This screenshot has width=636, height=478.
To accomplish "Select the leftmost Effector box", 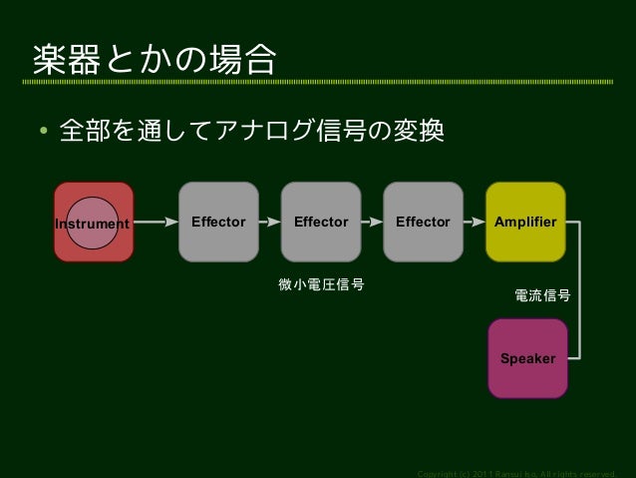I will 218,222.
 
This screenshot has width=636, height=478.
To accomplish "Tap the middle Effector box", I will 321,222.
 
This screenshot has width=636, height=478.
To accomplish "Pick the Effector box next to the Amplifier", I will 423,222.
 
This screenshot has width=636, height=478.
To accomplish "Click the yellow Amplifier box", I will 525,222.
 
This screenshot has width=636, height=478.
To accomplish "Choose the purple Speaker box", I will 527,358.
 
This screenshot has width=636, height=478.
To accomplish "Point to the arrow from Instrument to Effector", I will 156,223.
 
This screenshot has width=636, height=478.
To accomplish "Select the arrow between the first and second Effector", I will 269,223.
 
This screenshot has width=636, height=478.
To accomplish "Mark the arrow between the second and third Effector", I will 372,223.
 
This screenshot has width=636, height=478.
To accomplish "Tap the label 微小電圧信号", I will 321,285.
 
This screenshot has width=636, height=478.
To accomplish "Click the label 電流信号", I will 542,295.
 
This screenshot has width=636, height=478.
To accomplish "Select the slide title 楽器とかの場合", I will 155,60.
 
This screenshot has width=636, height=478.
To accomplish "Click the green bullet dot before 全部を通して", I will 44,132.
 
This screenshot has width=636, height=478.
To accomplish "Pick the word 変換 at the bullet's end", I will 423,131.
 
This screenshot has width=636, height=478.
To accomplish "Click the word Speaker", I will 527,358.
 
